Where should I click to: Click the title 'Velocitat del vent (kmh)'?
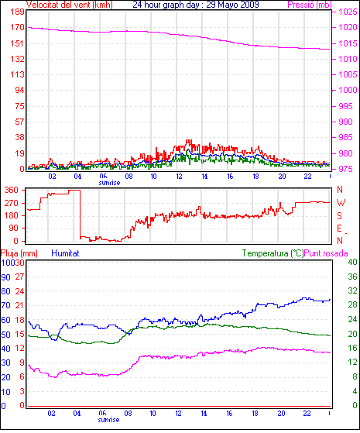(70, 5)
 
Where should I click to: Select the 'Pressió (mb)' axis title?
(310, 5)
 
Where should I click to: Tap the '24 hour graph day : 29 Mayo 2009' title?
(196, 5)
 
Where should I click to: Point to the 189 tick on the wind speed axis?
(17, 12)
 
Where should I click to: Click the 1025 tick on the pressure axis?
(348, 12)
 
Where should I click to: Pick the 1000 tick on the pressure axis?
(348, 90)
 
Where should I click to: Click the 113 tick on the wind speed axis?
(17, 74)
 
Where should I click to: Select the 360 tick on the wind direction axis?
(12, 190)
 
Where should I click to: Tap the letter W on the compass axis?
(341, 203)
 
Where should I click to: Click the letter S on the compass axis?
(340, 215)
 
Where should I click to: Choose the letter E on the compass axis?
(340, 229)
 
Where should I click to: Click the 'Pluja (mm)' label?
(19, 253)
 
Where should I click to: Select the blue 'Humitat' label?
(65, 253)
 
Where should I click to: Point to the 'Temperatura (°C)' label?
(273, 253)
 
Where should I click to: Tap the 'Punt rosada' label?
(326, 253)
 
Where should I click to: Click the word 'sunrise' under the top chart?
(109, 183)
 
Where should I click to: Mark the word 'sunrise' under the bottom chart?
(108, 420)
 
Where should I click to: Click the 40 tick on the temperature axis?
(352, 262)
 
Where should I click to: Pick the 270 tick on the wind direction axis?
(12, 203)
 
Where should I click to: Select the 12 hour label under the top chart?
(179, 176)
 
